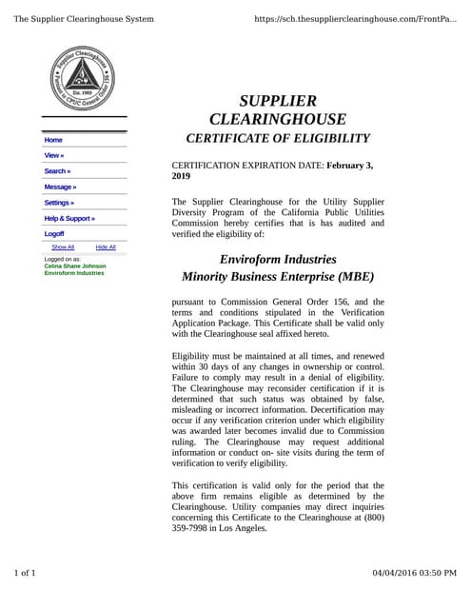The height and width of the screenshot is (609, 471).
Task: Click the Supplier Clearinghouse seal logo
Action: click(x=84, y=79)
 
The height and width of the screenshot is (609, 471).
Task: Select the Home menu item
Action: click(x=53, y=140)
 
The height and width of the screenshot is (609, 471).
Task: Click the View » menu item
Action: click(x=54, y=155)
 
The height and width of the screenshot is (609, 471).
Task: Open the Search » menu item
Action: click(x=57, y=171)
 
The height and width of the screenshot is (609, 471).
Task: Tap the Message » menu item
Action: click(x=60, y=187)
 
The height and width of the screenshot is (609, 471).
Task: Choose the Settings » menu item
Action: click(x=59, y=203)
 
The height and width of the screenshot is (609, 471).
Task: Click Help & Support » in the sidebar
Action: click(x=69, y=218)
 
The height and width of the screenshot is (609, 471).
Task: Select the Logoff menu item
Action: click(x=54, y=233)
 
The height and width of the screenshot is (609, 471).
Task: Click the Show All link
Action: click(x=63, y=246)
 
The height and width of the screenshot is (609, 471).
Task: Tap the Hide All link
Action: click(x=106, y=246)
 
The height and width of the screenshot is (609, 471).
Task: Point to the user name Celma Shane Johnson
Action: click(x=75, y=265)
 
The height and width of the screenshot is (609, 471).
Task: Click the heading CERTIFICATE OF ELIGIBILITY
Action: click(x=277, y=140)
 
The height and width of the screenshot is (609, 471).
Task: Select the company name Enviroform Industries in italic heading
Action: click(x=278, y=259)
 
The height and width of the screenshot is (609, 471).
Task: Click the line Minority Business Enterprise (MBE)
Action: click(x=278, y=278)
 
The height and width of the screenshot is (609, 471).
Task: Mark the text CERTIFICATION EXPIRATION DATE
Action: click(x=247, y=166)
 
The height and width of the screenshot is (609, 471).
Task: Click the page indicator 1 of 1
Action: click(x=25, y=573)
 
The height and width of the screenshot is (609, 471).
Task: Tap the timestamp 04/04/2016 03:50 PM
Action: click(x=414, y=573)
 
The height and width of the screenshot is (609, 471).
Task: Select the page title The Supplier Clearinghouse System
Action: click(x=84, y=19)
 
